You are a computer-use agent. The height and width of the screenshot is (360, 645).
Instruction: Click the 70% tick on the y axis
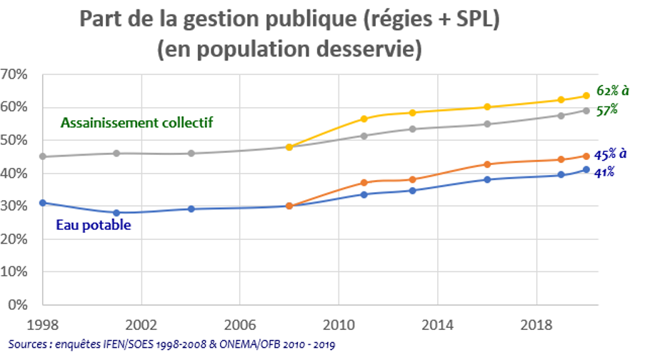[14, 74]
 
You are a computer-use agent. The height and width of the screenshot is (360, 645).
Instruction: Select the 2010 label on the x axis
[339, 323]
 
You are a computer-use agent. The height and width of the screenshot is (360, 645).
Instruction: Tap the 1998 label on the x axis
[41, 323]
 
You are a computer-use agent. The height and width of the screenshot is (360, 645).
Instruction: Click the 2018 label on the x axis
[536, 323]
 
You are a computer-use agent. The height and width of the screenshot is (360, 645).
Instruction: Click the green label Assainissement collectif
[137, 122]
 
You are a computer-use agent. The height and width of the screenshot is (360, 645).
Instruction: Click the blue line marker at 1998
[42, 203]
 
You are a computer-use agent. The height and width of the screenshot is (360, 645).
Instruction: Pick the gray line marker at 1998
[42, 156]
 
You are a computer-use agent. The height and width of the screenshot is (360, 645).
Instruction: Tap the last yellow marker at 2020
[585, 96]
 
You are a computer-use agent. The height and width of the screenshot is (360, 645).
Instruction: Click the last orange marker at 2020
[585, 156]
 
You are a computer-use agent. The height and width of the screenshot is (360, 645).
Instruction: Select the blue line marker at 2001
[116, 213]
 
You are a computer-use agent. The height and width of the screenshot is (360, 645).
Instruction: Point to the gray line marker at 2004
[191, 154]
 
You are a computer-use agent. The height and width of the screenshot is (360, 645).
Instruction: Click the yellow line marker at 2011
[364, 119]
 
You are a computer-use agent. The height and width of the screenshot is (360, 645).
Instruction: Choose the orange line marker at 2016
[487, 164]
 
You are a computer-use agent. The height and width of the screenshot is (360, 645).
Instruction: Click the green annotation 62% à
[612, 91]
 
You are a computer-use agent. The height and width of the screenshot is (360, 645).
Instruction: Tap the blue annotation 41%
[606, 171]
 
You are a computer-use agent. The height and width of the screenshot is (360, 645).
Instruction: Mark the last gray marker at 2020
[585, 111]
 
